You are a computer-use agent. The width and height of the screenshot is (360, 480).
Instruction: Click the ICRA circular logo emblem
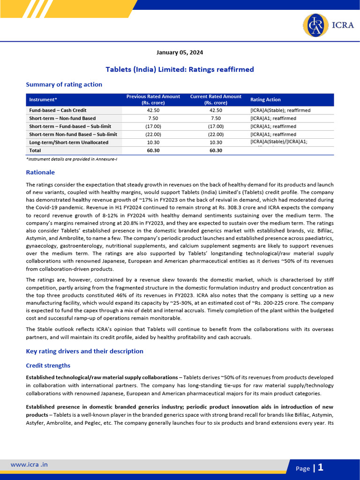coord(316,25)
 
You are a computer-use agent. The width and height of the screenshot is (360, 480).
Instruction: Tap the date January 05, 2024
coord(180,52)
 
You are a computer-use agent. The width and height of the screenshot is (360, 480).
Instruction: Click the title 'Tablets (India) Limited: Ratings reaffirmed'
coord(180,69)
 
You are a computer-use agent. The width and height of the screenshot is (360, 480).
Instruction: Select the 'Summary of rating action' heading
coord(64,84)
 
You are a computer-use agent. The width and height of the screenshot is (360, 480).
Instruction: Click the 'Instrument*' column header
coord(43,99)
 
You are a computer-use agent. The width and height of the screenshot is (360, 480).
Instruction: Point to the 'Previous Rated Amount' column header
coord(153,99)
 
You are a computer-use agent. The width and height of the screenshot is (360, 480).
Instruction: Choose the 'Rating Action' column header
coord(265,99)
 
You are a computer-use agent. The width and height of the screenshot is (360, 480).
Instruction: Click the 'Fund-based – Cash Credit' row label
coord(58,110)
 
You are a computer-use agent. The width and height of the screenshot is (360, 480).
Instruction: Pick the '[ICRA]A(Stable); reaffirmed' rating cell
coord(280,110)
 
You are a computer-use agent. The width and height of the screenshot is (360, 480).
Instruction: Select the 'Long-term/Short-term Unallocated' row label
coord(68,142)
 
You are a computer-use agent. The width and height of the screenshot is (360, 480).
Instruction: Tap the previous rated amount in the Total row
coord(153,150)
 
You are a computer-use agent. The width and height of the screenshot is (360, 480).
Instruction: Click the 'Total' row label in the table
coord(35,150)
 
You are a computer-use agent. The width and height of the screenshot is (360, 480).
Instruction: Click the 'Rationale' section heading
coord(40,172)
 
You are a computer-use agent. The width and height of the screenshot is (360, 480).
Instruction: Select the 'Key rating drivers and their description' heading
coord(84,351)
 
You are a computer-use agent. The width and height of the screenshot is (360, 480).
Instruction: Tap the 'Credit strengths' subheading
coord(48,365)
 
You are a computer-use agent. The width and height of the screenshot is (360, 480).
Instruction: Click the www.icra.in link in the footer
coord(29,465)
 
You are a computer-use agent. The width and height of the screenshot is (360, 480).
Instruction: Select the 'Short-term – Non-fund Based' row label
coord(62,118)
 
